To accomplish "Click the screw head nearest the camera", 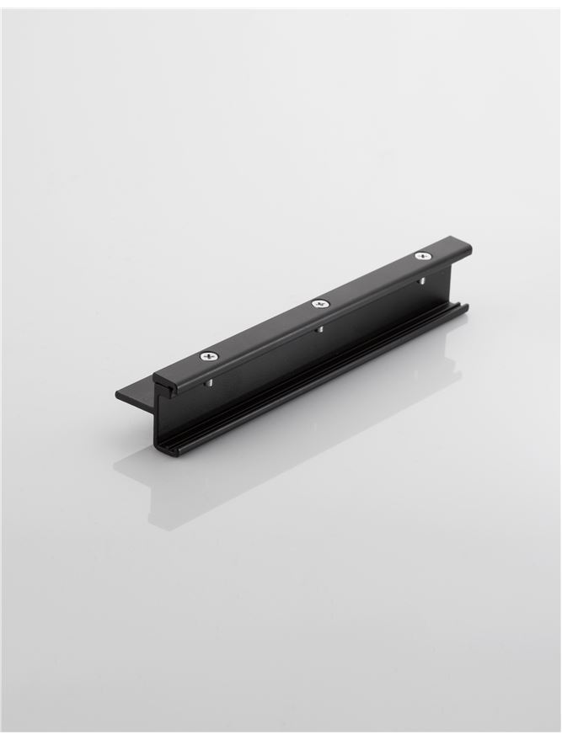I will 208,356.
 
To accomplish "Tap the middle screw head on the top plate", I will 319,303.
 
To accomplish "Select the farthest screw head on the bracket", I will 422,255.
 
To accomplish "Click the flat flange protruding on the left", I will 135,393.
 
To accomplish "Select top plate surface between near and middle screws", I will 263,330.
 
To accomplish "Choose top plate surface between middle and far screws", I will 371,279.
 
